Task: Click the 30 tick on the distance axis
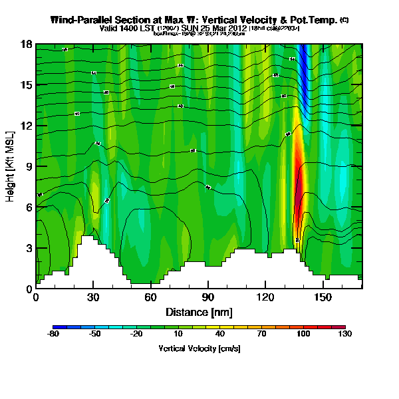93,297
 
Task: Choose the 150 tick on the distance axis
323,297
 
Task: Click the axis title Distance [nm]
199,311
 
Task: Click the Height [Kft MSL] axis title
11,167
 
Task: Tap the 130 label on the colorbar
345,335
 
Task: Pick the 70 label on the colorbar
261,335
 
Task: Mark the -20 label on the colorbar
136,335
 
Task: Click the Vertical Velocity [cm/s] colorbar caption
199,348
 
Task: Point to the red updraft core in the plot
299,183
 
